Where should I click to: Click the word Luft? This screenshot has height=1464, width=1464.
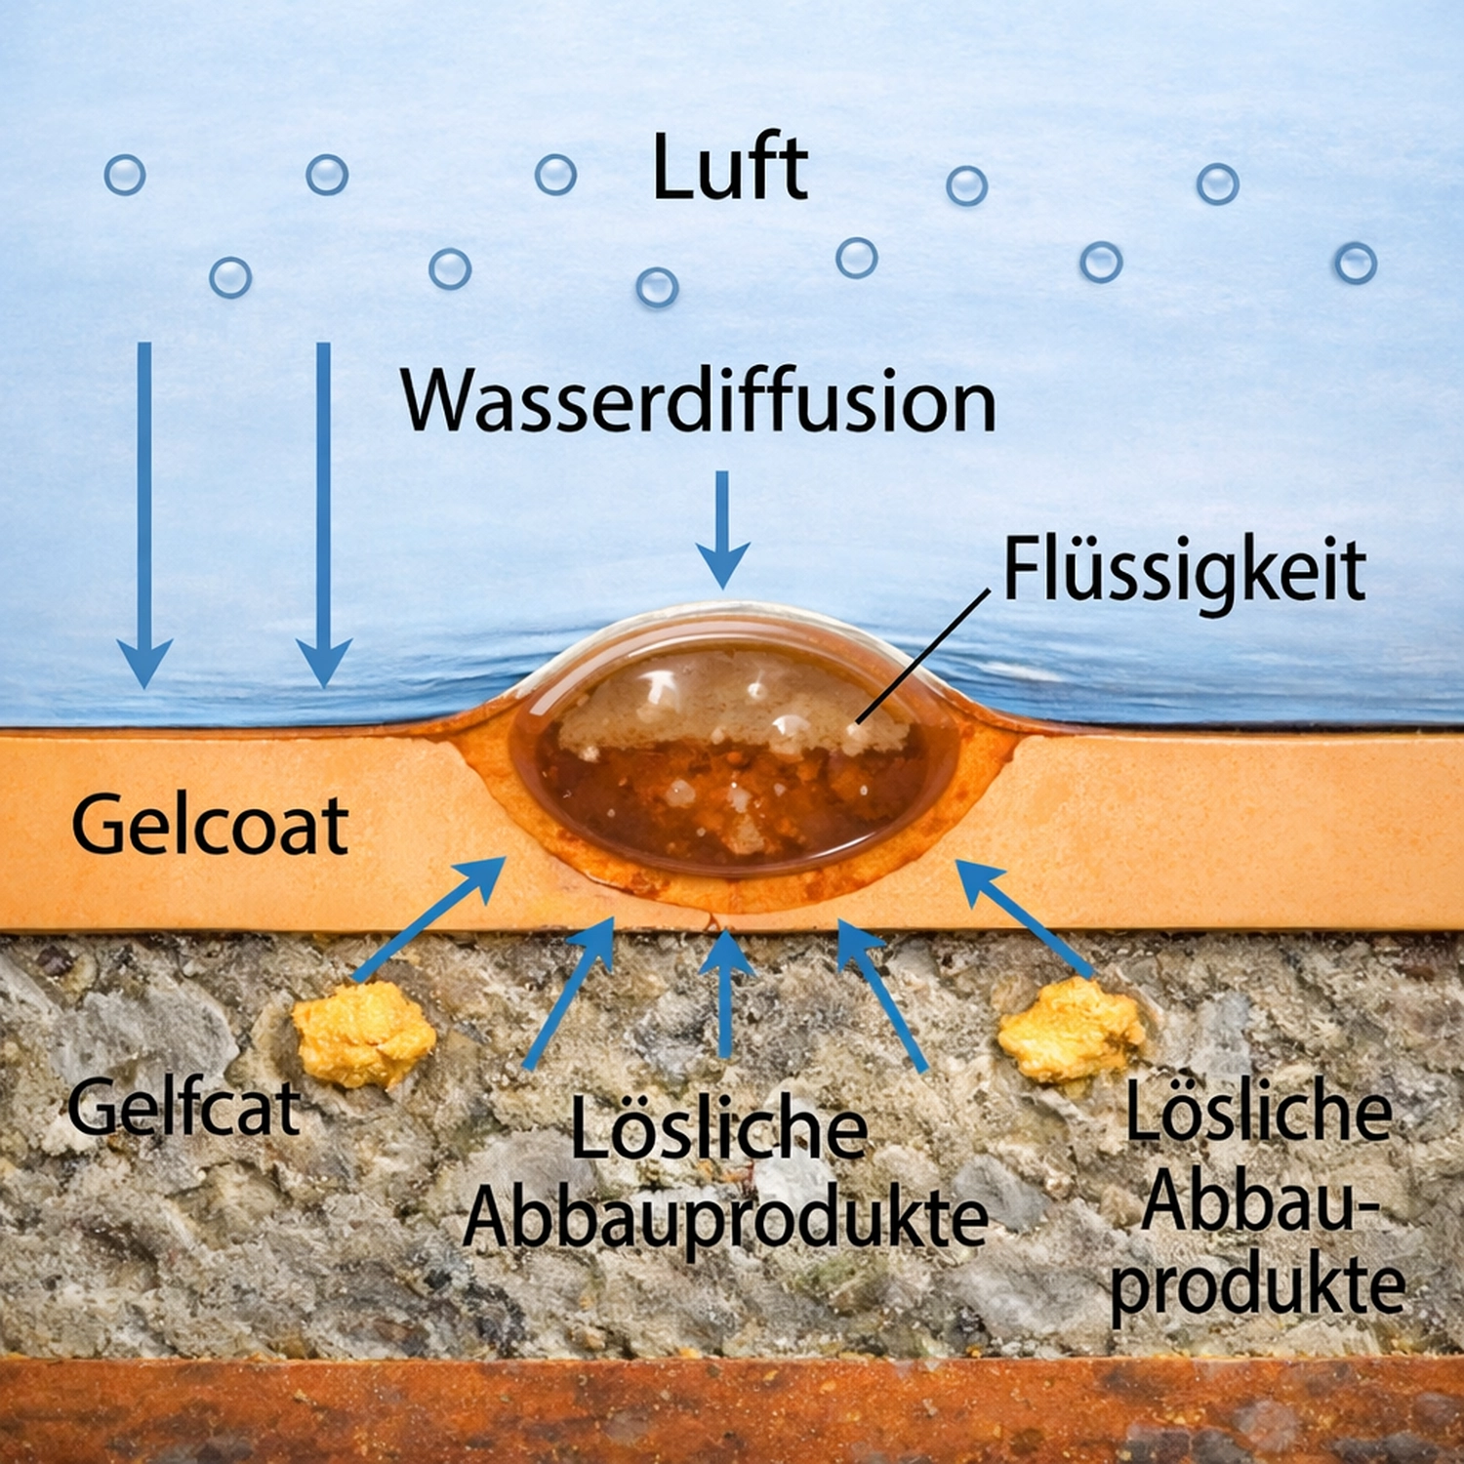[730, 168]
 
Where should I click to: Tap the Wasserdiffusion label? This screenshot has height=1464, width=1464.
[699, 401]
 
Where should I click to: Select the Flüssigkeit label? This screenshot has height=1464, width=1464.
[1184, 571]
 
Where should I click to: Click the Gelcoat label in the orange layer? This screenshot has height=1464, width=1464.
[210, 826]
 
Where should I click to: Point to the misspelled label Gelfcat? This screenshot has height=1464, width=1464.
[183, 1107]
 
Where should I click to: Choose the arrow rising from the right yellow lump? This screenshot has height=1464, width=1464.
[1024, 918]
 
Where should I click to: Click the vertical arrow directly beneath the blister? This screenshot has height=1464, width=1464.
[725, 992]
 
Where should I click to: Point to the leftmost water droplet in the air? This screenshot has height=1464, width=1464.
[125, 176]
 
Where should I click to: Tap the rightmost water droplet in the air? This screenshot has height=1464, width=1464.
[1356, 264]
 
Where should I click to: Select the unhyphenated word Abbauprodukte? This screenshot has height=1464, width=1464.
[726, 1219]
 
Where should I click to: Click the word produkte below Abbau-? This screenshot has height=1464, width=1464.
[1258, 1285]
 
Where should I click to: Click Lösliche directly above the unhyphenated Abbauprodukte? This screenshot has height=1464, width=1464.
[719, 1127]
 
